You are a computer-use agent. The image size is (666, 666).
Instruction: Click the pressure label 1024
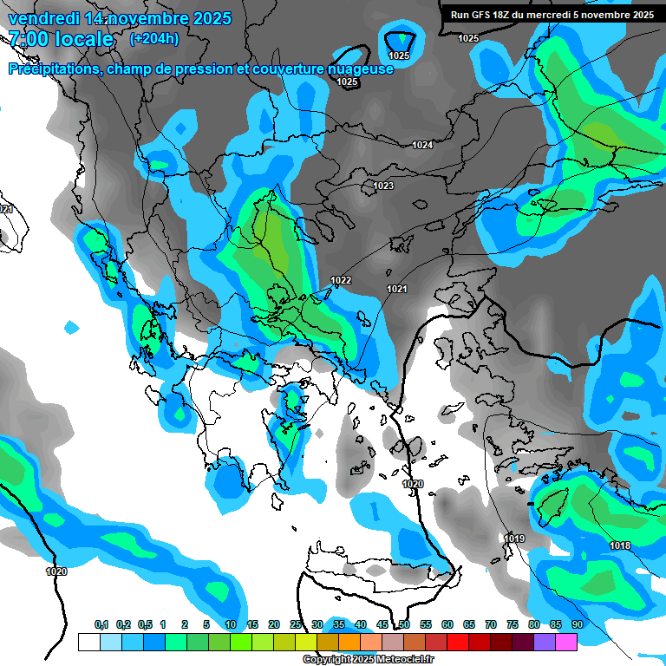(x=422, y=145)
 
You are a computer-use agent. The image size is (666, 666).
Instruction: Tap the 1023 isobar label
(x=383, y=186)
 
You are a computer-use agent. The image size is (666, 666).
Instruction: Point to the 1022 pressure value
(x=341, y=280)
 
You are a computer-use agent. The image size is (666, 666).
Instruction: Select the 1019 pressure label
(x=514, y=539)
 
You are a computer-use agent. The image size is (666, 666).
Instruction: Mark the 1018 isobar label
(x=620, y=545)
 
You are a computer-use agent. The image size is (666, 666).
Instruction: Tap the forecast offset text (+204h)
(x=153, y=39)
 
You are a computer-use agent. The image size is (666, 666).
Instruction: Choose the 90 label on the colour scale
(x=577, y=624)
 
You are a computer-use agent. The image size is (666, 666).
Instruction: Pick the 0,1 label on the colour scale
(x=101, y=624)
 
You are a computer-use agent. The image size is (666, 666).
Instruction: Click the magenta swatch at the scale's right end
(x=566, y=642)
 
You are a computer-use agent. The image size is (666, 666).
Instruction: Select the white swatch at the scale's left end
(x=88, y=642)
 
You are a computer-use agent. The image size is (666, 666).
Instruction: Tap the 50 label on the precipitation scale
(x=404, y=624)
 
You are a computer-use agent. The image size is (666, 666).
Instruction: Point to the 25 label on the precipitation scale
(x=296, y=624)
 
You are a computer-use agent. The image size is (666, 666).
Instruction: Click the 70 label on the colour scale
(x=491, y=624)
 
